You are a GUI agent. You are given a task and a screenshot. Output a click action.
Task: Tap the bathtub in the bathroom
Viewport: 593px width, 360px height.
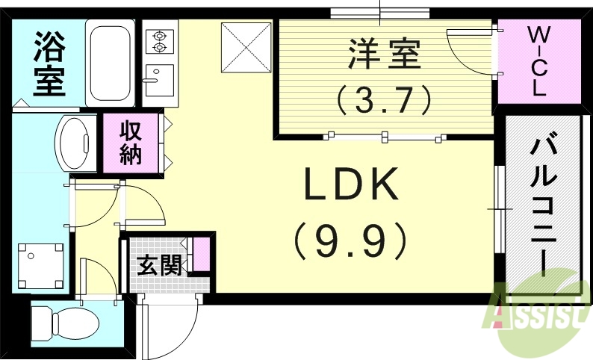(x=110, y=63)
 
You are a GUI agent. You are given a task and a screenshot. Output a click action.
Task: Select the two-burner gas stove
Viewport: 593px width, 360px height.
(x=158, y=40)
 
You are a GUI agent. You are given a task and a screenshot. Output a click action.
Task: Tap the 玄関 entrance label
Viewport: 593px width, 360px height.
(x=158, y=265)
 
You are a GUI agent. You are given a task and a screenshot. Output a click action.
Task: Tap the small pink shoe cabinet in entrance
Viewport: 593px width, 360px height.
(x=201, y=253)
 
